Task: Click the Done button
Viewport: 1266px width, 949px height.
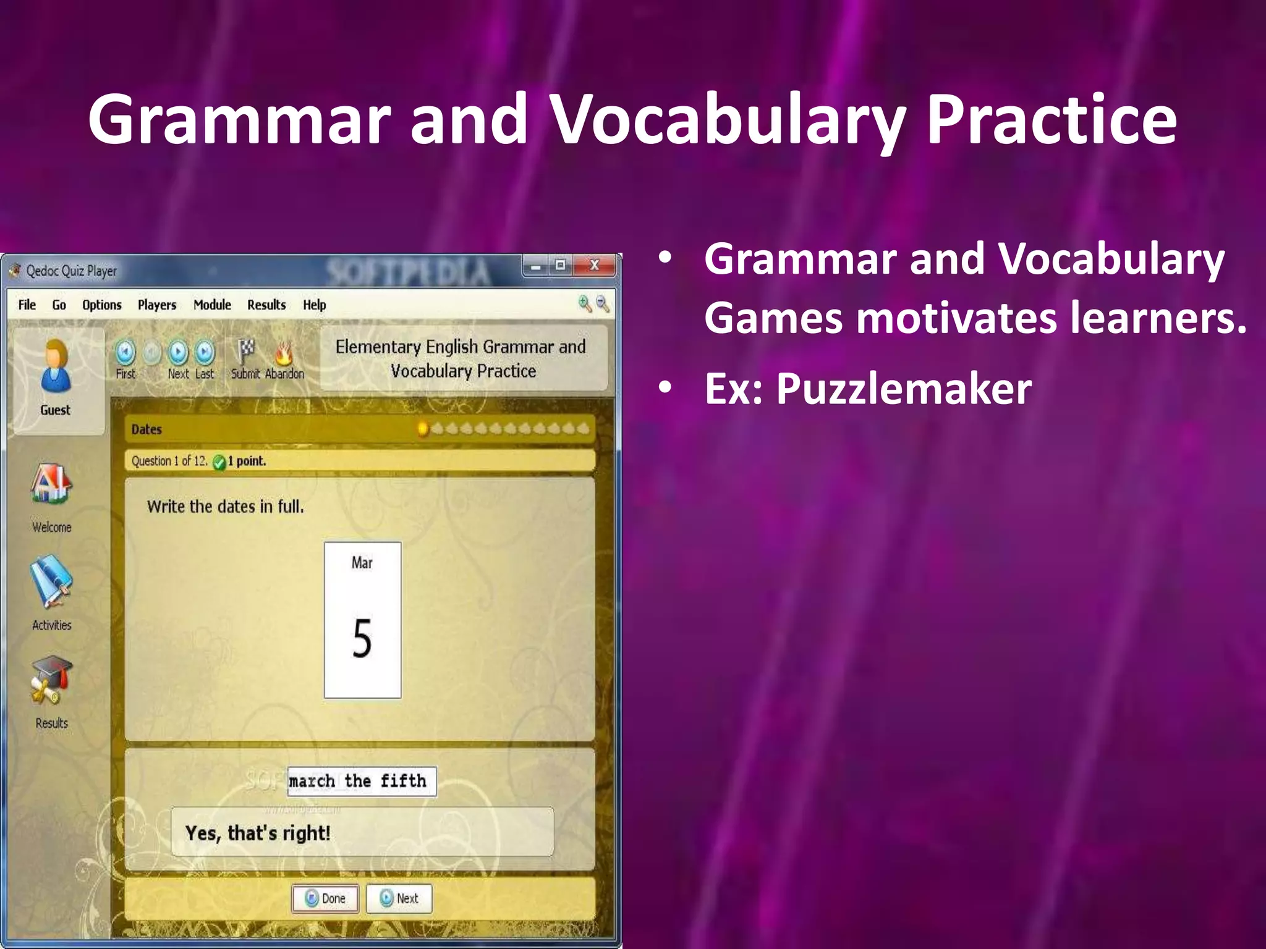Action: (325, 898)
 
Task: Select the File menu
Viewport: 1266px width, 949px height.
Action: (27, 305)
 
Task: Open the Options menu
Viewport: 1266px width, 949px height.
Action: (102, 305)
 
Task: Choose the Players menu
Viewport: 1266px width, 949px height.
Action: (157, 305)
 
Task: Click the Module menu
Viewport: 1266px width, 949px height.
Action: (212, 305)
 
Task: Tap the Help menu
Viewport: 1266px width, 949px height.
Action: (314, 305)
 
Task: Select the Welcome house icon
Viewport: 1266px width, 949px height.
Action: (51, 485)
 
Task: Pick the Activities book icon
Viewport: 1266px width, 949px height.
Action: (51, 581)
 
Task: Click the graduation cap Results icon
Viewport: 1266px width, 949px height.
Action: (51, 680)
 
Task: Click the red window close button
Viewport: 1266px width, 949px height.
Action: (595, 266)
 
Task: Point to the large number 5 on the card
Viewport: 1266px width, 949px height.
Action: (362, 638)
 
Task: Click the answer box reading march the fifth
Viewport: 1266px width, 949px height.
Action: (362, 782)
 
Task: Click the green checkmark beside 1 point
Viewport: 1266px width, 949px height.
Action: (219, 462)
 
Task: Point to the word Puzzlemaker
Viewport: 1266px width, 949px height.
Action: (904, 389)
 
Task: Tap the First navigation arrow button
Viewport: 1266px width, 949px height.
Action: (125, 353)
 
